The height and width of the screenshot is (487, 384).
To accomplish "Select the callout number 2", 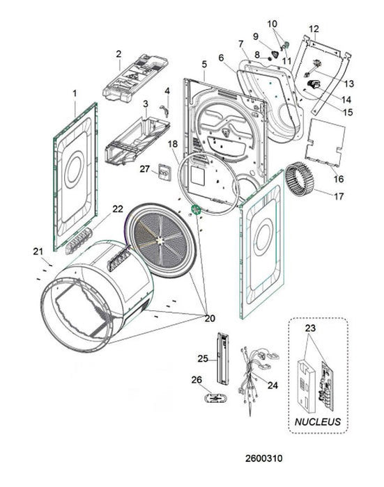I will coord(118,54).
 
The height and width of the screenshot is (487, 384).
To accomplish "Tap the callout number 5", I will coord(204,65).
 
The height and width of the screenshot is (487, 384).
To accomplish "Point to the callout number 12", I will coord(314,29).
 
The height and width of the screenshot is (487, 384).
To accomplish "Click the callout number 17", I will coord(339,196).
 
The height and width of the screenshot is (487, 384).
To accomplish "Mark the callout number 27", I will coord(144,168).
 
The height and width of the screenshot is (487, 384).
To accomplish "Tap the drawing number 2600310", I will coord(265,458).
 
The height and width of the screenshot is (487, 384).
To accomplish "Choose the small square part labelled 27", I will coord(164,172).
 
